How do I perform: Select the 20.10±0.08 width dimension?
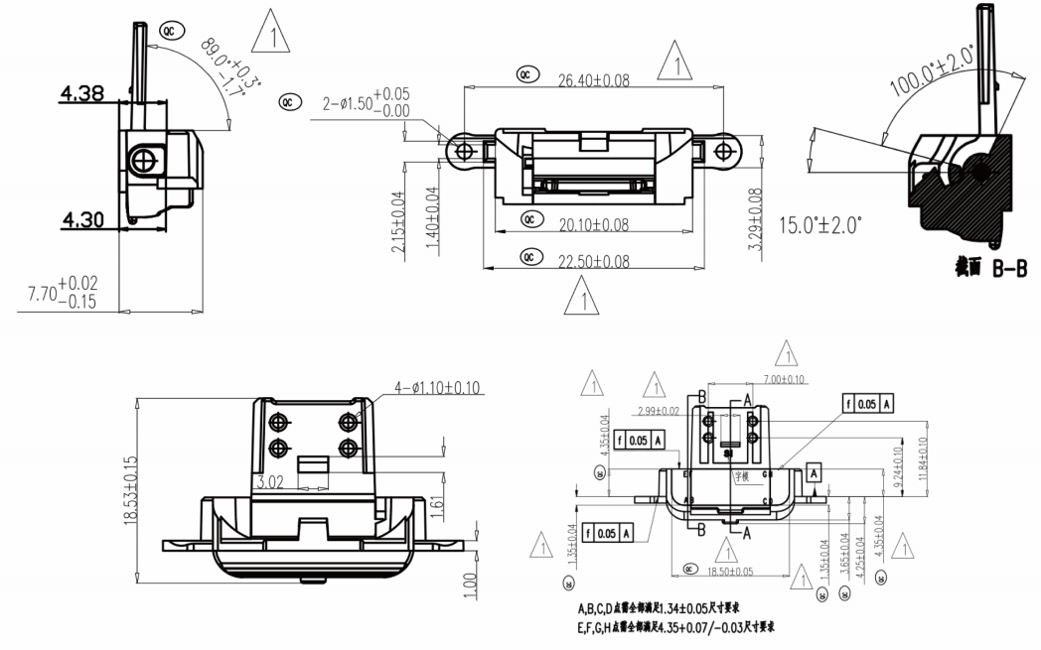(591, 225)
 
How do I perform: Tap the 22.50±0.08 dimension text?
(592, 260)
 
